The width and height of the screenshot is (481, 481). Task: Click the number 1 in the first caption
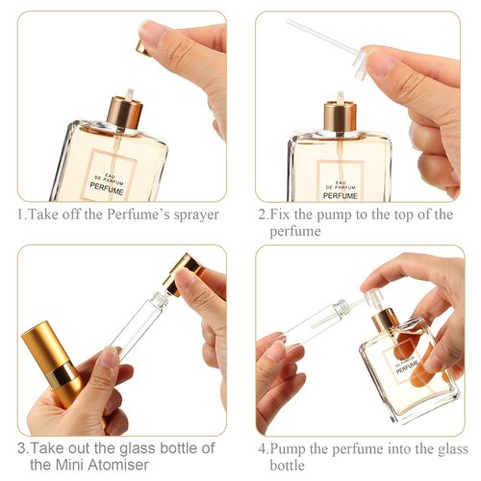[x=21, y=215]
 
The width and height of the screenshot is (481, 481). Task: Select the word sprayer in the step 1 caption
[x=190, y=215]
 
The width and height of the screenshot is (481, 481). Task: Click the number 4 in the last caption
[x=262, y=449]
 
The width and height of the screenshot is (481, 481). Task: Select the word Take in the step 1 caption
[x=48, y=215]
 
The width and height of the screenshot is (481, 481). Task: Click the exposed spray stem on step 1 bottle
[x=124, y=97]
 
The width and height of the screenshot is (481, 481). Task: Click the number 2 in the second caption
[x=262, y=215]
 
